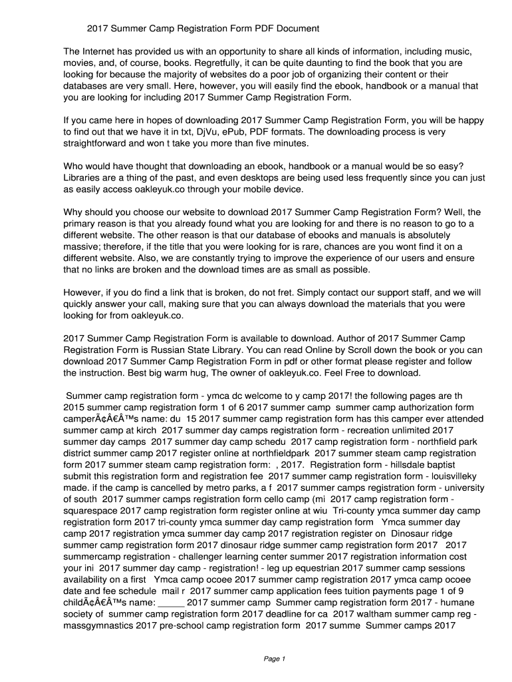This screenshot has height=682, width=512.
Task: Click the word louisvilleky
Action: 451,476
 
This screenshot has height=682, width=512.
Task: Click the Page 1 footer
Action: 275,659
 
